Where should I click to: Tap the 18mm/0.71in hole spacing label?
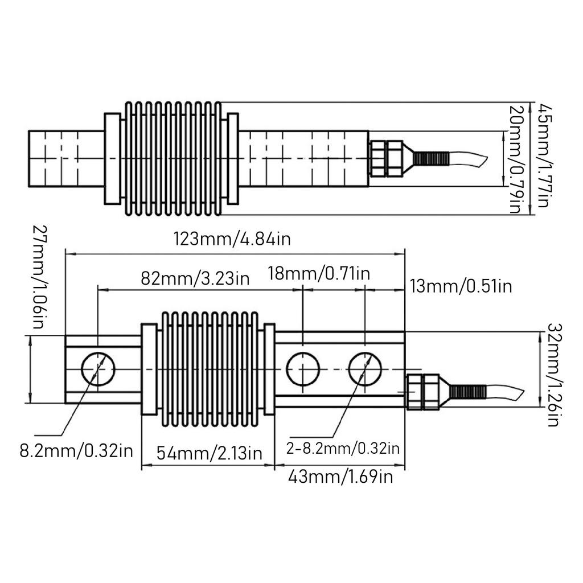[319, 273]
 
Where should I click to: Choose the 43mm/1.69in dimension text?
[340, 477]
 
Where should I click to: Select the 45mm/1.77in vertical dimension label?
[545, 155]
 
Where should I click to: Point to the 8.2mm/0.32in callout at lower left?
[76, 451]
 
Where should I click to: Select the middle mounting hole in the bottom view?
[302, 368]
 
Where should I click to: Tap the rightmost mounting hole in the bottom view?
[365, 368]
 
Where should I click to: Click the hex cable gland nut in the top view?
[387, 158]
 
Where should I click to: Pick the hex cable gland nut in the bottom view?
[423, 392]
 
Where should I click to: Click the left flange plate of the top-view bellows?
[112, 159]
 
